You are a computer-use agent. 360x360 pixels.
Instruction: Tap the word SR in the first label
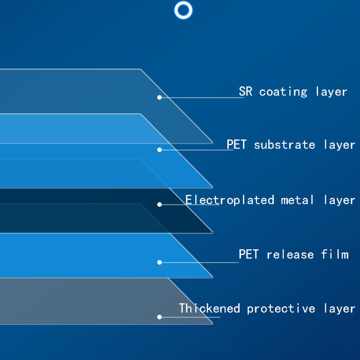pyautogui.click(x=245, y=91)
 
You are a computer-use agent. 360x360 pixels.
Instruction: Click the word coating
pyautogui.click(x=283, y=92)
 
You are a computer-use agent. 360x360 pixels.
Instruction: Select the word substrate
pyautogui.click(x=284, y=144)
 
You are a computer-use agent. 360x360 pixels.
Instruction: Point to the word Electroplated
pyautogui.click(x=229, y=200)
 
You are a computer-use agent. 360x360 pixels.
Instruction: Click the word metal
pyautogui.click(x=297, y=200)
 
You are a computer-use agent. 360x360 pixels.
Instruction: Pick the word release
pyautogui.click(x=290, y=254)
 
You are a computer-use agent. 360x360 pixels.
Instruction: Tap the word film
pyautogui.click(x=334, y=254)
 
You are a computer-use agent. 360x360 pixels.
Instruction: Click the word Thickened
pyautogui.click(x=209, y=308)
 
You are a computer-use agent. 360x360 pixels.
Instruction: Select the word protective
pyautogui.click(x=281, y=309)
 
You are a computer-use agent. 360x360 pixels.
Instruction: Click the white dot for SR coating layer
pyautogui.click(x=159, y=97)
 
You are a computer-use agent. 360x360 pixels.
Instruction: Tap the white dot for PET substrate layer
pyautogui.click(x=159, y=150)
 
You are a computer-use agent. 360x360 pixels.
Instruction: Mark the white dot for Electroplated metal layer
pyautogui.click(x=159, y=205)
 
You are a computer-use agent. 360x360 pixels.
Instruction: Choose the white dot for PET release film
pyautogui.click(x=159, y=262)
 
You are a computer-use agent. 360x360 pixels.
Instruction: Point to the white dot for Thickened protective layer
pyautogui.click(x=159, y=317)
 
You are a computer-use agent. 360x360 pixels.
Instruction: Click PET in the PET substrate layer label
pyautogui.click(x=237, y=144)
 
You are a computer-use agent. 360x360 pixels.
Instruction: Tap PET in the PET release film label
pyautogui.click(x=249, y=254)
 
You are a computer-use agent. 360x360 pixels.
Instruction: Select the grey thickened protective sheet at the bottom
pyautogui.click(x=92, y=301)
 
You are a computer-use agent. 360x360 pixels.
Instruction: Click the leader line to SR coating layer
pyautogui.click(x=201, y=98)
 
